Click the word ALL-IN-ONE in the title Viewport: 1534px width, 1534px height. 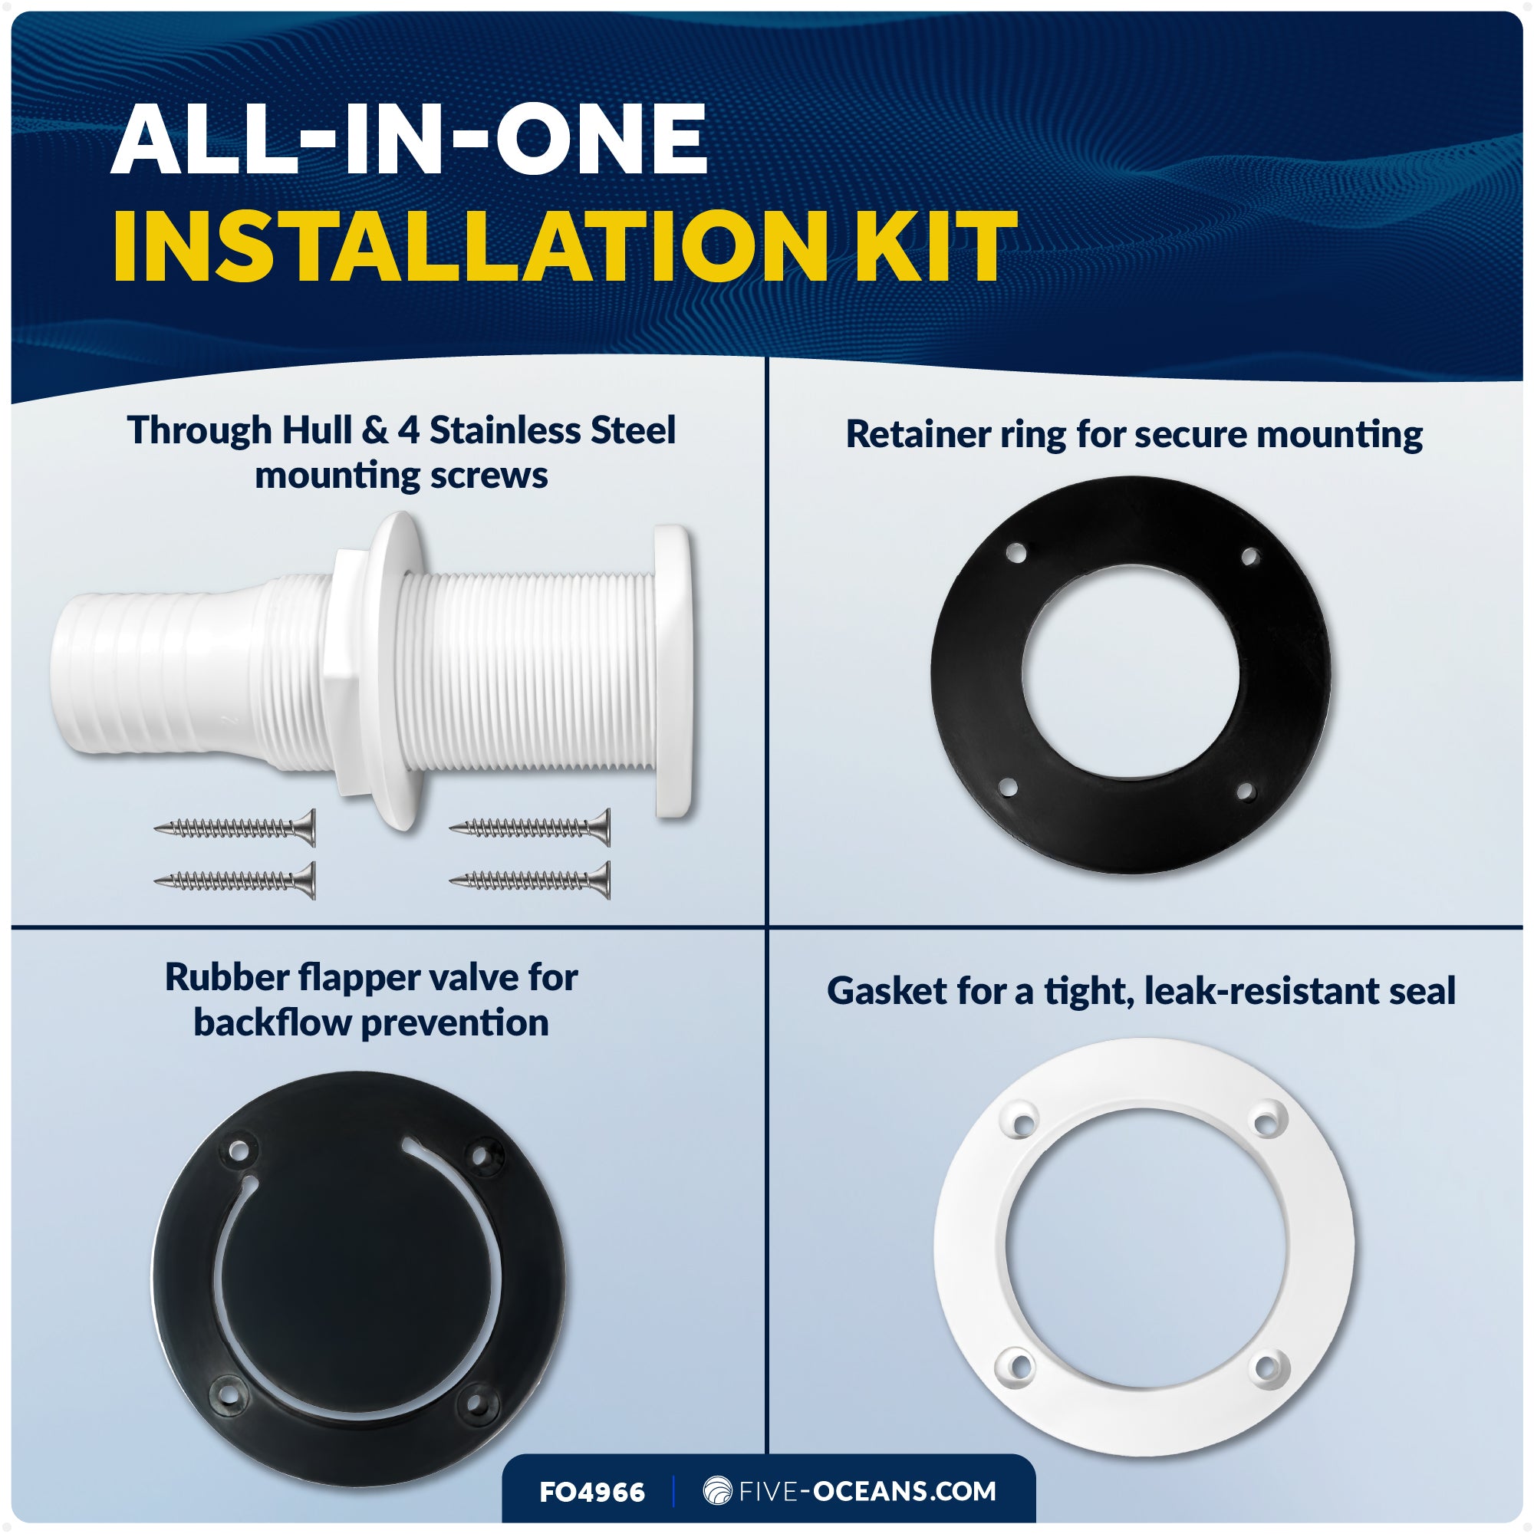point(409,140)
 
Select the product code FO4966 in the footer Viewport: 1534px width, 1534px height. point(591,1492)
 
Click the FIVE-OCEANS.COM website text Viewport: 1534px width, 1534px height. point(867,1491)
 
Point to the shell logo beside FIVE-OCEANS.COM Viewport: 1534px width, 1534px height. point(717,1490)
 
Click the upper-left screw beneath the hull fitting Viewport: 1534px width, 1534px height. point(235,828)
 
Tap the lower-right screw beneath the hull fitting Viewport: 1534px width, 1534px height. point(531,880)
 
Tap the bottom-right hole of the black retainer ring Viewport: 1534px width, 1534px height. point(1245,792)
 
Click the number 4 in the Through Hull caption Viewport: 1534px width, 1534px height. point(408,430)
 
